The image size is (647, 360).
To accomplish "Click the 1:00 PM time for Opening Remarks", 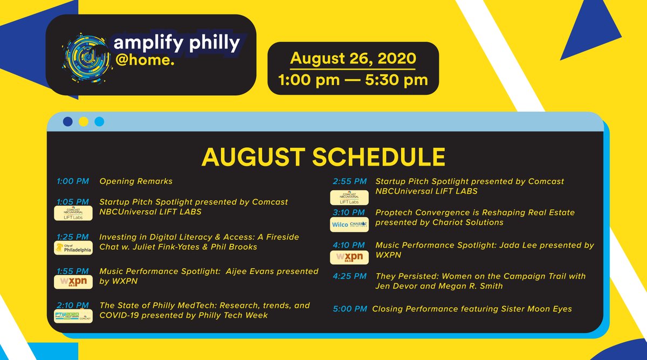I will (x=72, y=182).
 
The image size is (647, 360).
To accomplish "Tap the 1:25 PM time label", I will (x=72, y=237).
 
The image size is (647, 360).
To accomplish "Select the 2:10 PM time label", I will (x=72, y=305).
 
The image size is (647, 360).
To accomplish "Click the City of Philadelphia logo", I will (x=73, y=248).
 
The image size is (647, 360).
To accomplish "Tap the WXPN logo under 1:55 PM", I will (x=73, y=282).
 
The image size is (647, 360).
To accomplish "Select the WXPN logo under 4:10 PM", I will (x=349, y=257).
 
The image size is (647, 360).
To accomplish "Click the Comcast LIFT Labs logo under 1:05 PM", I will (x=73, y=214).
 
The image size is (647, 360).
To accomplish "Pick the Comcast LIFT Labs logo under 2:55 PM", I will (x=349, y=197).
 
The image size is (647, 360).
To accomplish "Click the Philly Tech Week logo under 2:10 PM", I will (x=73, y=316).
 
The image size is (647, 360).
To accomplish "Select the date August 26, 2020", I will (x=353, y=58).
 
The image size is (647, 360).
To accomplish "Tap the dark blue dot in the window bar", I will (x=68, y=121).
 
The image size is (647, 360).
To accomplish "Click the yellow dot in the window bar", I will (x=84, y=121).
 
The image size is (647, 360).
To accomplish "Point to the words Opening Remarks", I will (x=136, y=182).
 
